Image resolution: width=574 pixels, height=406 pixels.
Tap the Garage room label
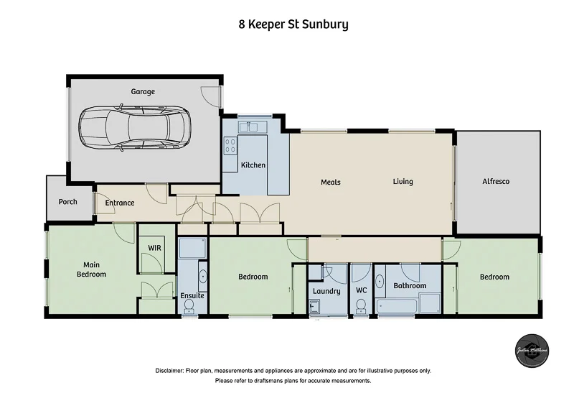[x=143, y=92]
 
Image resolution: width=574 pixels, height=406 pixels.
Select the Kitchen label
[x=253, y=165]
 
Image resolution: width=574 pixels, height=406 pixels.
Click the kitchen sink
[x=253, y=127]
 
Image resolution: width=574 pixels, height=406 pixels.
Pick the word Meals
[x=330, y=182]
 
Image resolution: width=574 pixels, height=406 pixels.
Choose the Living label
[x=403, y=182]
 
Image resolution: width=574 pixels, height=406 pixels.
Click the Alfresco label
[x=495, y=182]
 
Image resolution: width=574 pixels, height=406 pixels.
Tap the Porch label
[x=68, y=202]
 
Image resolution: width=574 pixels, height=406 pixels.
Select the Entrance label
[x=120, y=203]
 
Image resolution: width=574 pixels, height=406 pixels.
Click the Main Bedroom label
[x=91, y=269]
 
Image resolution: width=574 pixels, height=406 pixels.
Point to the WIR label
[x=154, y=248]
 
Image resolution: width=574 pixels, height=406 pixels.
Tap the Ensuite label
[x=192, y=295]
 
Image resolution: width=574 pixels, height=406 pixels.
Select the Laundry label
[x=326, y=291]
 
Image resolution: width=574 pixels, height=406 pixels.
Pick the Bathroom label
[x=410, y=286]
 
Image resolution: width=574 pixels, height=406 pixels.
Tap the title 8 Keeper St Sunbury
[x=293, y=24]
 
